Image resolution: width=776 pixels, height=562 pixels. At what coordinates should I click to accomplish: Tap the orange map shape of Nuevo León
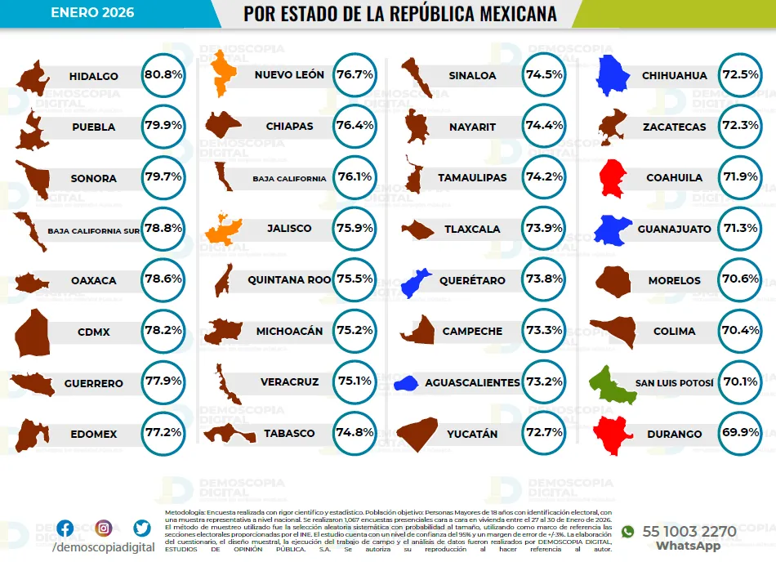pos(221,74)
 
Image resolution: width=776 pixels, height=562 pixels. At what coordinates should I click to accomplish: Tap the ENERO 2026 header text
pos(92,13)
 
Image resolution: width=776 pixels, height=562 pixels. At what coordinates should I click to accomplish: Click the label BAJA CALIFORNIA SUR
pos(93,230)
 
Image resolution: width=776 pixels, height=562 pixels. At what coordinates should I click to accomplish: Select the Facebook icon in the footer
pos(65,529)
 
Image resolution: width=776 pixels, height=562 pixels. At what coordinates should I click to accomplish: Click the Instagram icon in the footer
pos(104,529)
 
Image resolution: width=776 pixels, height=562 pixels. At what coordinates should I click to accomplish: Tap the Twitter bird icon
pos(142,529)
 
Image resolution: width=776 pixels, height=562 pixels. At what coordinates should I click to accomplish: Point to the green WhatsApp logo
pos(627,532)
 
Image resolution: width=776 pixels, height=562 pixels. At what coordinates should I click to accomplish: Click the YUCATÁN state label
pos(472,435)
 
